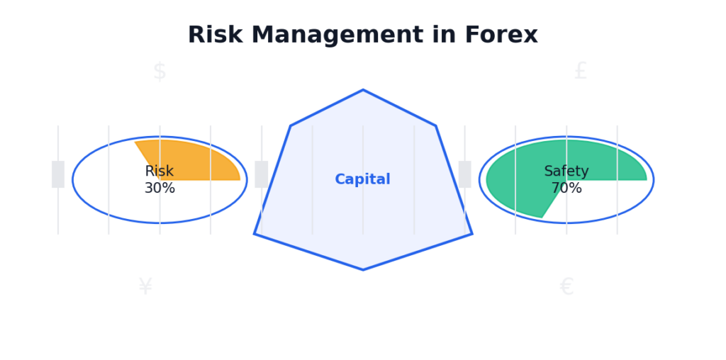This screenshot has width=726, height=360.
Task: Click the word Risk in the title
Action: click(x=211, y=35)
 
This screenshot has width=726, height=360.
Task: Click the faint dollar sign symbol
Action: click(x=160, y=72)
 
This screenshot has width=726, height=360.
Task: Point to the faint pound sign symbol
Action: click(x=581, y=72)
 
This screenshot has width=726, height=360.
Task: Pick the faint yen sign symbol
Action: click(x=145, y=287)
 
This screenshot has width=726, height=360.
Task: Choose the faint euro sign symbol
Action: click(x=566, y=287)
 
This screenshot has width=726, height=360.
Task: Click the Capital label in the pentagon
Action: click(x=362, y=179)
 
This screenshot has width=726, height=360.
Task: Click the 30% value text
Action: click(x=160, y=189)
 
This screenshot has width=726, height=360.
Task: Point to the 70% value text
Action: click(x=566, y=189)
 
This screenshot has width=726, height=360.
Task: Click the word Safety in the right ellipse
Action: click(x=566, y=171)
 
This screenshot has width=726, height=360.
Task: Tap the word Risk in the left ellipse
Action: click(x=159, y=171)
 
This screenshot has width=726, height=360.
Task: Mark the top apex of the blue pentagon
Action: click(x=363, y=90)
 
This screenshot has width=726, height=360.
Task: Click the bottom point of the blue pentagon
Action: click(x=363, y=269)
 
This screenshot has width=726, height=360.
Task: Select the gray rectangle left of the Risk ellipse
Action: click(x=58, y=174)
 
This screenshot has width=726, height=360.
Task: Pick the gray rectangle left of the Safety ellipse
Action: click(x=464, y=174)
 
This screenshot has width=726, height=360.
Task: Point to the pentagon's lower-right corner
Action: click(x=471, y=234)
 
